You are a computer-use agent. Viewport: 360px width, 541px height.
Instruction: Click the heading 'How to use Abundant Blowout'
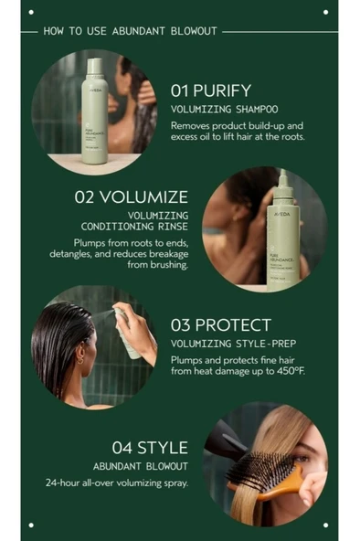[130, 30]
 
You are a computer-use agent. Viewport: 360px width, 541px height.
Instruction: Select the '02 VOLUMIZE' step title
[132, 197]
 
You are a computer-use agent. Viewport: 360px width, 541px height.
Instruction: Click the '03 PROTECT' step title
[221, 324]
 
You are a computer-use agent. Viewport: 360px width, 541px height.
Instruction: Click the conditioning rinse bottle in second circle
[283, 238]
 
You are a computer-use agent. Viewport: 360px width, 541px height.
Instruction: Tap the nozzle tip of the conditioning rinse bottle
[283, 174]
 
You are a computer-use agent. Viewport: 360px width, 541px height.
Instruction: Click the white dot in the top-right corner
[326, 12]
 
